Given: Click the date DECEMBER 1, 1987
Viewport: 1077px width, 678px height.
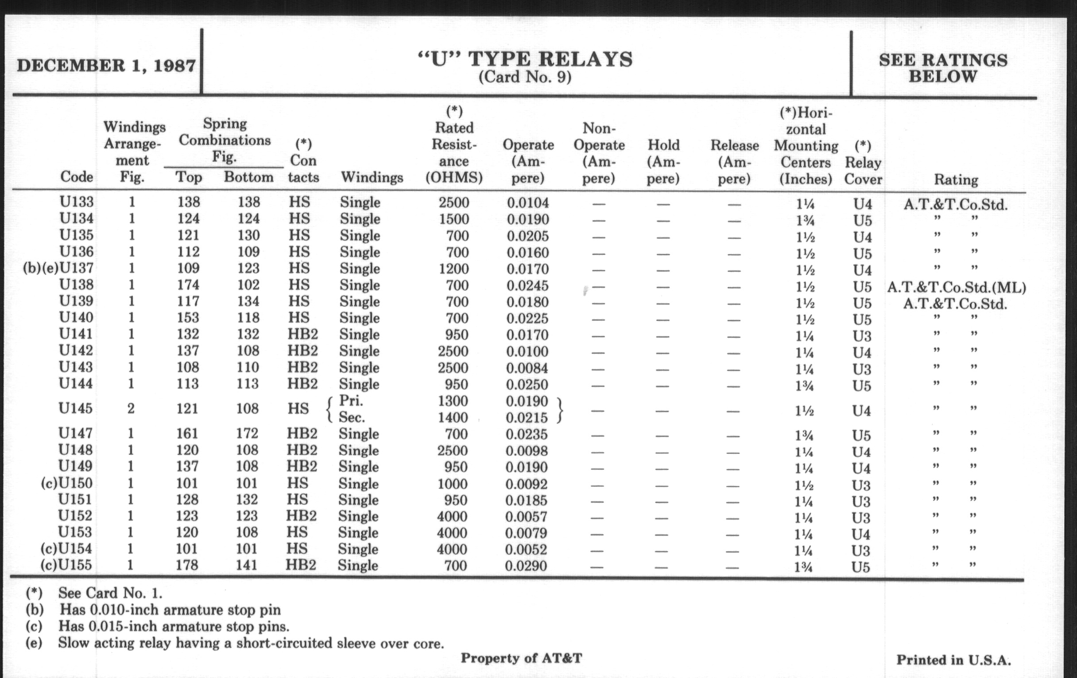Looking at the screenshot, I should (x=106, y=66).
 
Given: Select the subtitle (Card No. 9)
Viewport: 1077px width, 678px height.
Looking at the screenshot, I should (x=525, y=78).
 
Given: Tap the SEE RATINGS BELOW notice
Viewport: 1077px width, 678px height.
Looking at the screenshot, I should (x=943, y=68).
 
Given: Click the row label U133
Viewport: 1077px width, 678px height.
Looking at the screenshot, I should (x=77, y=202).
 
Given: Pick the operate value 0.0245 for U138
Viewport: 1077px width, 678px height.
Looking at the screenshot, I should (x=528, y=285).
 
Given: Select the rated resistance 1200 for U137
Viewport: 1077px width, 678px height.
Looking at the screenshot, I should (x=453, y=269).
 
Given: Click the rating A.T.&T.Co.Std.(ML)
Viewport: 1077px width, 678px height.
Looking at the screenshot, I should (x=956, y=287).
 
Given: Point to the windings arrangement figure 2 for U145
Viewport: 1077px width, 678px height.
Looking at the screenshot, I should (x=131, y=408).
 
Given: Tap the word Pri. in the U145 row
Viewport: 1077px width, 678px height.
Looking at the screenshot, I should (x=351, y=401).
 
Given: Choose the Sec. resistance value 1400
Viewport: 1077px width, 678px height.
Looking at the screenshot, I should (x=453, y=417).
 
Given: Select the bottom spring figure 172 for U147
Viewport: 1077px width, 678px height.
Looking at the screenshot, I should (x=248, y=433).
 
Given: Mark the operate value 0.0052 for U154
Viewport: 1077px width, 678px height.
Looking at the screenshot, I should (x=526, y=549).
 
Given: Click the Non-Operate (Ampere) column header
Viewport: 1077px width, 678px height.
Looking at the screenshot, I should (x=599, y=153).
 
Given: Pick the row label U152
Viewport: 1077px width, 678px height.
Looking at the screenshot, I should (x=75, y=515).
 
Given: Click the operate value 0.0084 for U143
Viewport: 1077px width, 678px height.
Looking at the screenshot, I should (x=527, y=368).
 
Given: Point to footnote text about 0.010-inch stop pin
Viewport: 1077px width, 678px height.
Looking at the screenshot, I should (x=170, y=609).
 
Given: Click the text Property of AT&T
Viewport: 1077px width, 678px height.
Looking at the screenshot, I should (x=522, y=658).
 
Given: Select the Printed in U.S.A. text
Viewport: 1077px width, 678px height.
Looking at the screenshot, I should (x=953, y=660).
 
